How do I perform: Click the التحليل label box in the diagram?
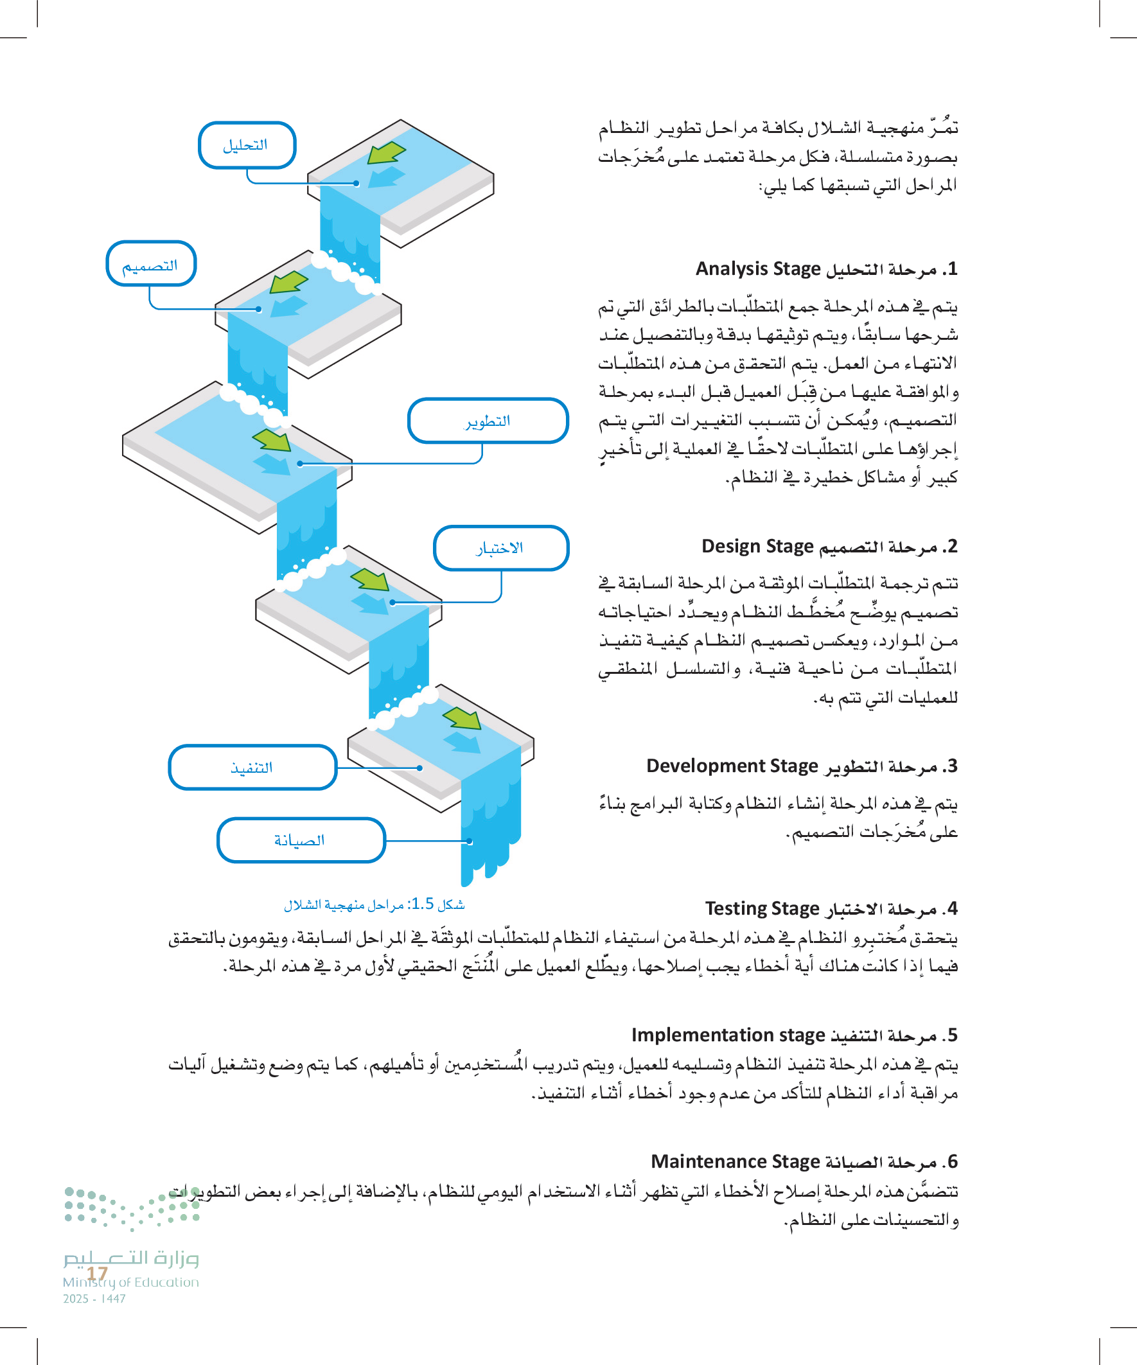tap(247, 145)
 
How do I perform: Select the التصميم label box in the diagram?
tap(151, 264)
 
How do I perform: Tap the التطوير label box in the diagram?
tap(488, 421)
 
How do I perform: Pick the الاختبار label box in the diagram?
tap(500, 548)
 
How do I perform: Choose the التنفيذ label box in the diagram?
tap(252, 767)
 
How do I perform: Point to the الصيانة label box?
tap(301, 840)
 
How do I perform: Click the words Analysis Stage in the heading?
tap(758, 269)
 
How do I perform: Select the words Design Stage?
tap(757, 546)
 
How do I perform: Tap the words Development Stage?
tap(732, 766)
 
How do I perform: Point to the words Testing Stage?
tap(762, 908)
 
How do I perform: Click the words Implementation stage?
tap(728, 1034)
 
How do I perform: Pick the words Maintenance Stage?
tap(736, 1161)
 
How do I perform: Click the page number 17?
tap(97, 1273)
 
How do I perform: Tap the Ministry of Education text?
tap(130, 1282)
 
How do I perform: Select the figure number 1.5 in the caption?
tap(423, 904)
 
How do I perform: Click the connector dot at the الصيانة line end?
tap(470, 841)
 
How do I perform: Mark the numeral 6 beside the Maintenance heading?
tap(953, 1161)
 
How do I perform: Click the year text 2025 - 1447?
tap(94, 1299)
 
